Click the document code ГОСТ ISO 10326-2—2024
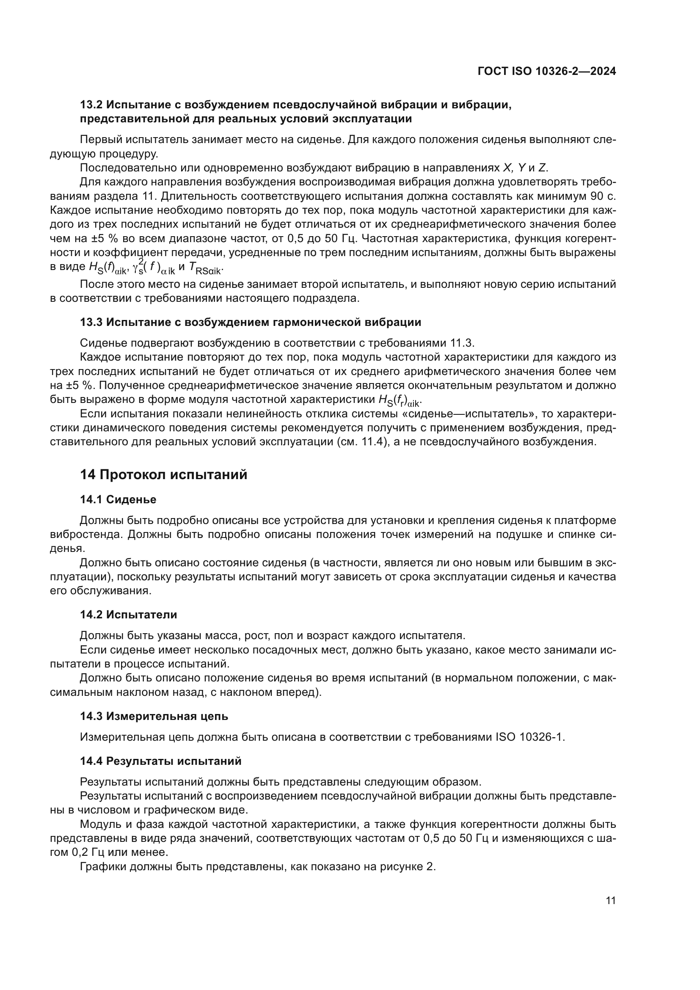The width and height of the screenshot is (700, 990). click(546, 71)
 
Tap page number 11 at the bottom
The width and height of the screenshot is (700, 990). click(610, 900)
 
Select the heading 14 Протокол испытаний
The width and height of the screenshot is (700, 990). click(164, 475)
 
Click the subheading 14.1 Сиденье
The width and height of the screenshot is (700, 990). click(118, 499)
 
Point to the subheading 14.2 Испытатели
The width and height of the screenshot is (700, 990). click(129, 615)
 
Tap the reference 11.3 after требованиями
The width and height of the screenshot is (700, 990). click(462, 343)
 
